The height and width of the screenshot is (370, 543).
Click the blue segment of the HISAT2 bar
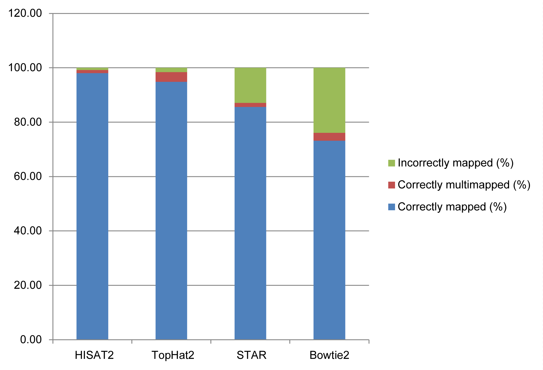92,206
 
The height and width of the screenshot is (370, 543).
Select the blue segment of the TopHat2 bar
171,211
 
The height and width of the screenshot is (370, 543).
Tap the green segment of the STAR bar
250,85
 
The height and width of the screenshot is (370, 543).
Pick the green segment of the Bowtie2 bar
329,100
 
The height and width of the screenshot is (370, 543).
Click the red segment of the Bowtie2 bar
329,137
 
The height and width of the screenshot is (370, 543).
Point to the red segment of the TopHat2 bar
171,77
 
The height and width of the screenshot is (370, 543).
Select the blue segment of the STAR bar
250,223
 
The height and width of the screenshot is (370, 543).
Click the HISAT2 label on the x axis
94,355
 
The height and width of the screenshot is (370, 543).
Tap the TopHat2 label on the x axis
173,355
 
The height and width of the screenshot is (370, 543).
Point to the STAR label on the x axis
252,355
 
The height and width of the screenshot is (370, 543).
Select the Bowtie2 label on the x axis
329,355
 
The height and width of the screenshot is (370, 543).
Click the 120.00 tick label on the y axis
25,13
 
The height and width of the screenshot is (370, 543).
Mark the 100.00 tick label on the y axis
25,68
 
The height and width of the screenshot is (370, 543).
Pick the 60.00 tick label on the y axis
28,176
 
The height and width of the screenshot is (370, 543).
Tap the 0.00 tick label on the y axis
31,340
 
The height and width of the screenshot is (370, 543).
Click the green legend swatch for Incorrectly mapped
392,163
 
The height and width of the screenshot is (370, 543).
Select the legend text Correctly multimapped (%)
464,185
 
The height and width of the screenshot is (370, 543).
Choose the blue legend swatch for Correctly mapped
392,207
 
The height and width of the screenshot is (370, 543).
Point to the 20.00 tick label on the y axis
28,285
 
